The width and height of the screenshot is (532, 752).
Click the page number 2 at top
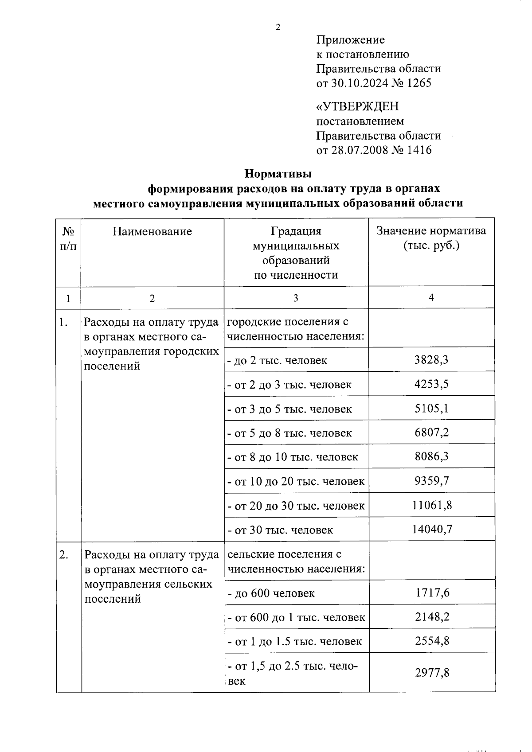278,27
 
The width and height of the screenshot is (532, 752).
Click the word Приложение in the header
350,40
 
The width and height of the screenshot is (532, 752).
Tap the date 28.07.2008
359,150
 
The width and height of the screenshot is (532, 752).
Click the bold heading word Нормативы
278,174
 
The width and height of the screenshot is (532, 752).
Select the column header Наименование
152,231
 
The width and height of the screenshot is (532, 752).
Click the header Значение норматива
431,231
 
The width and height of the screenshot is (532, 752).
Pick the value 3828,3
431,360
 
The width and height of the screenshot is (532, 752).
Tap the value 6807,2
431,432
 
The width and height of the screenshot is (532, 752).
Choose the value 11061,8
431,505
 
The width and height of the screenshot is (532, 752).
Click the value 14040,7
431,529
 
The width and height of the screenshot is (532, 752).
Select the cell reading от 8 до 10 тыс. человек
293,457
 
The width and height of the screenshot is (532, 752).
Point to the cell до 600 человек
271,593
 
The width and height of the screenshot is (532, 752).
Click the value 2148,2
432,617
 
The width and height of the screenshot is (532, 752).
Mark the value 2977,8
432,673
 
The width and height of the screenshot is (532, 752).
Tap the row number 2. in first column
63,555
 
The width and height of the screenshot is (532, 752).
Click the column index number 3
295,298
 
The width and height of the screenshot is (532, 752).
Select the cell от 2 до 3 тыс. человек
289,384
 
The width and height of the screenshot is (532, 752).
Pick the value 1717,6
432,593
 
